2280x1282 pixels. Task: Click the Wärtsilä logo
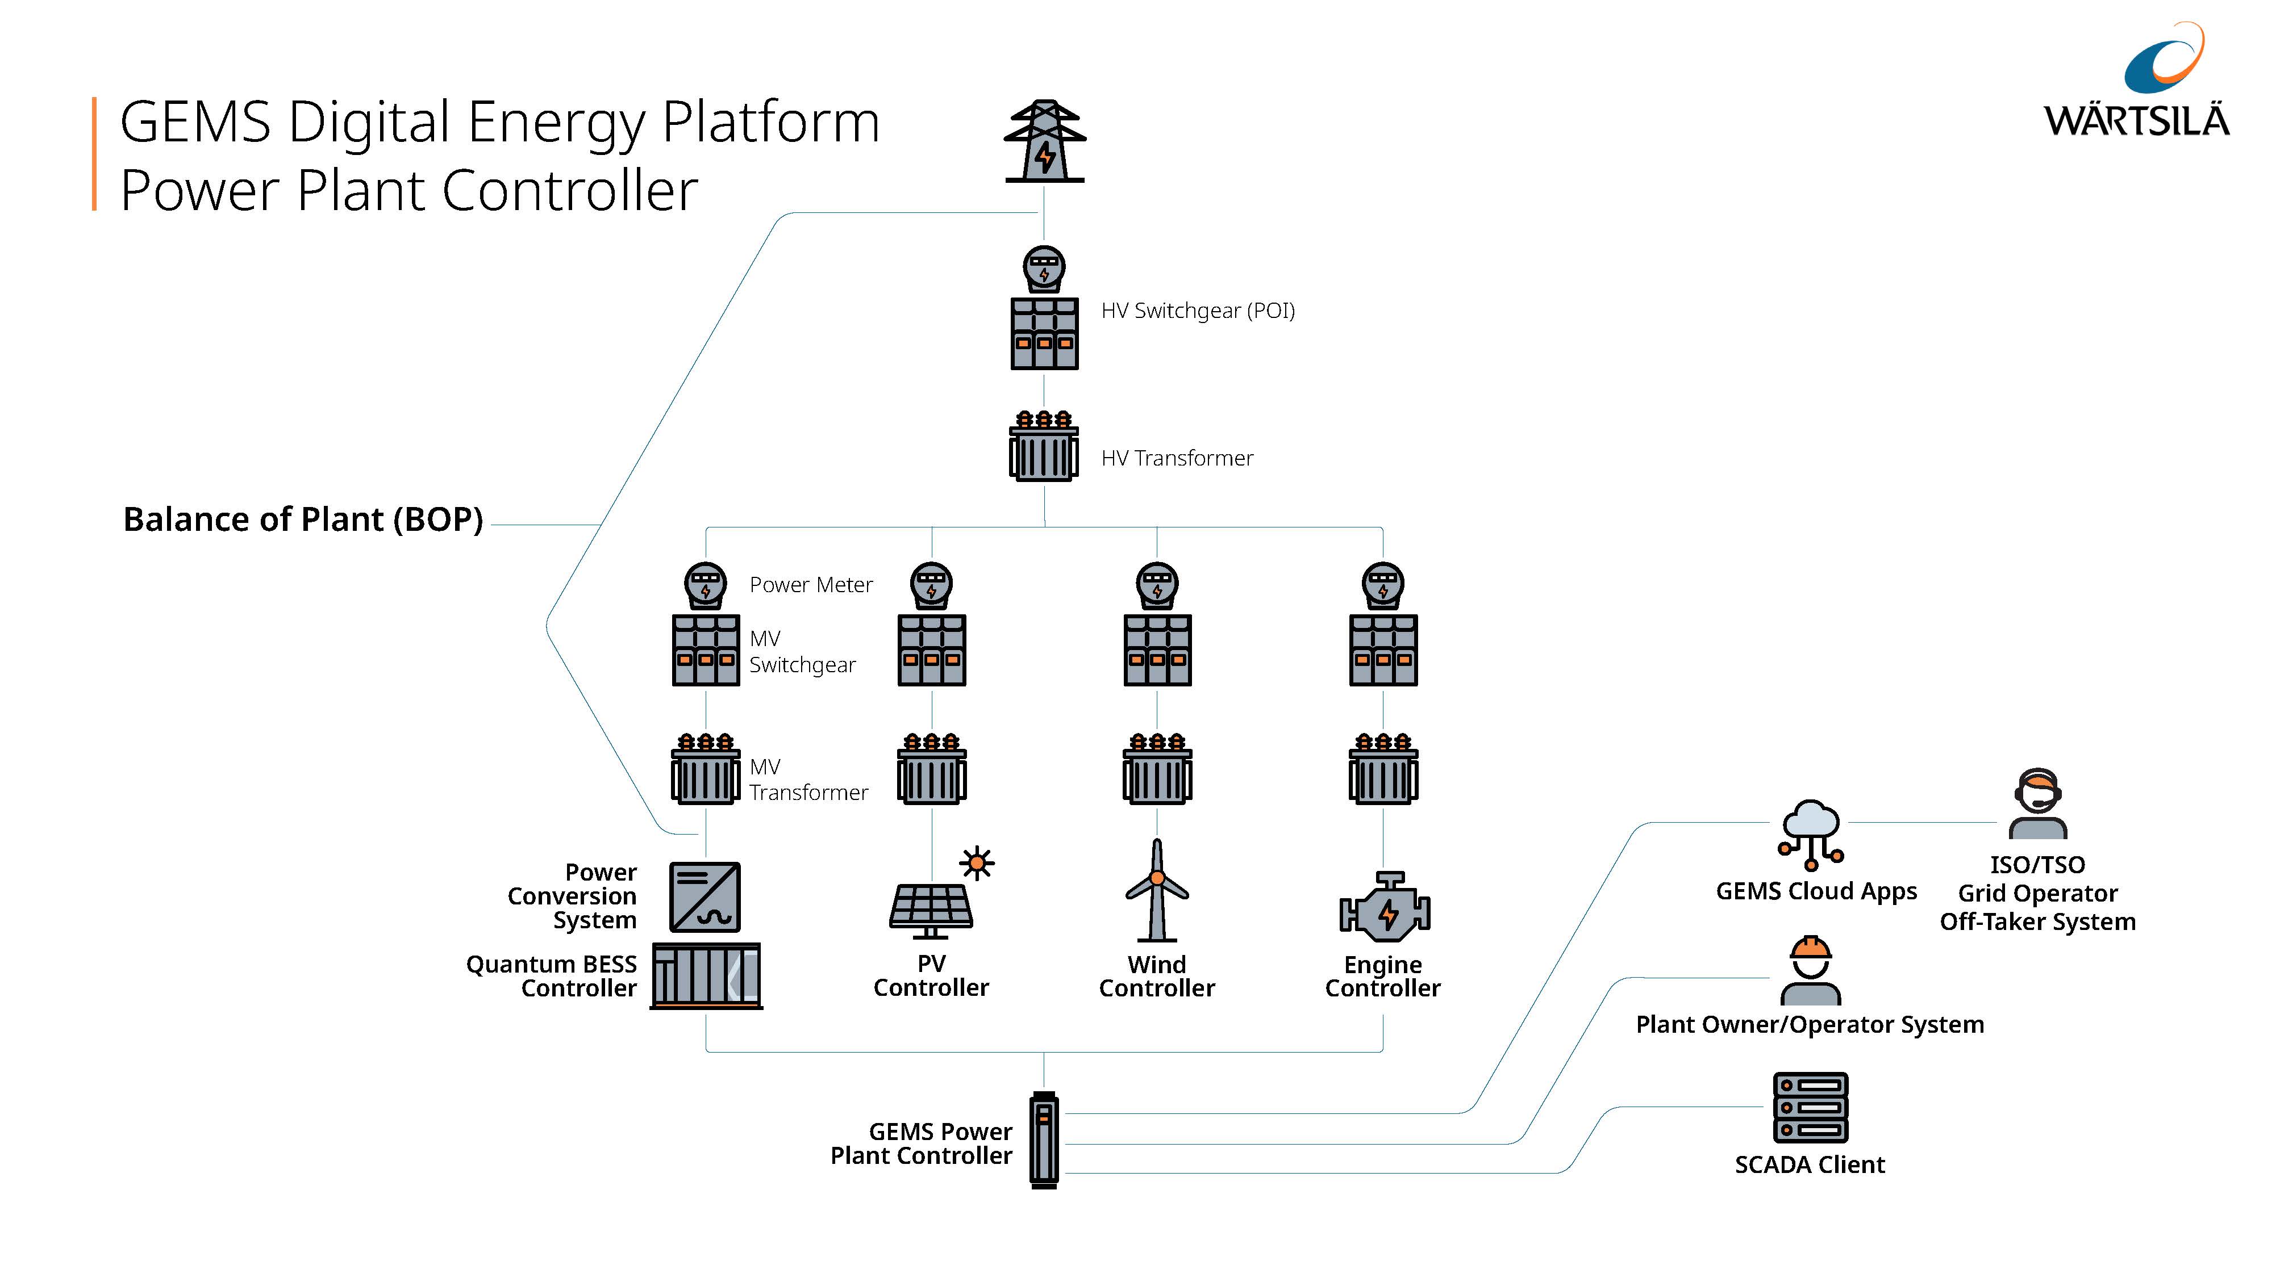(2137, 84)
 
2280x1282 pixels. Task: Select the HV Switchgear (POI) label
(1198, 311)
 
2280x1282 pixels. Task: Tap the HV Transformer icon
(1044, 447)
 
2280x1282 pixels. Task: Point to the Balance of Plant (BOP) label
(303, 519)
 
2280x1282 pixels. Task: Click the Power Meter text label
(811, 585)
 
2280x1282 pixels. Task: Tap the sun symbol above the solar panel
(977, 862)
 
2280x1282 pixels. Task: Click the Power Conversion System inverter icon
(706, 897)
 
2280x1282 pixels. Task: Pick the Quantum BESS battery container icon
(706, 976)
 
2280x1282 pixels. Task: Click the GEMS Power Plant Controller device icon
(1044, 1139)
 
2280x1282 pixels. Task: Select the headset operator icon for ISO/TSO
(2037, 803)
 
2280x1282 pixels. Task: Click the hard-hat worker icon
(1810, 970)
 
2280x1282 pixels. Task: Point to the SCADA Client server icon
(1810, 1108)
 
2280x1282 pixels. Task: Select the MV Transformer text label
(808, 780)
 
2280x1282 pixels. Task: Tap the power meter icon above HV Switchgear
(1044, 268)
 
